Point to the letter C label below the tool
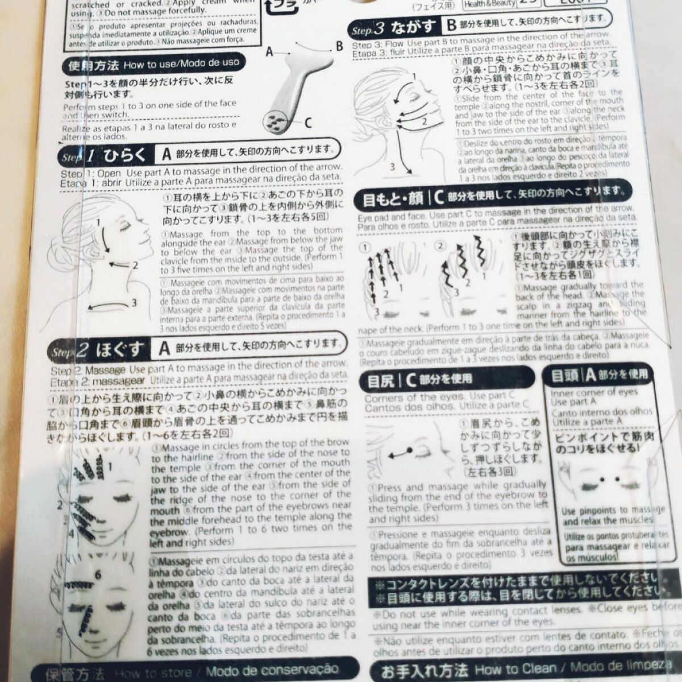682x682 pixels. click(307, 122)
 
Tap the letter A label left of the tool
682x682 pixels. click(269, 52)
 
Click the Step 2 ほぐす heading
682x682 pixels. click(108, 350)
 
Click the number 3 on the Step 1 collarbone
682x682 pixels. click(134, 303)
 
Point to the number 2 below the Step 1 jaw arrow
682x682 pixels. click(135, 265)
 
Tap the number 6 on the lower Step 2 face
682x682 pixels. click(98, 576)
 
